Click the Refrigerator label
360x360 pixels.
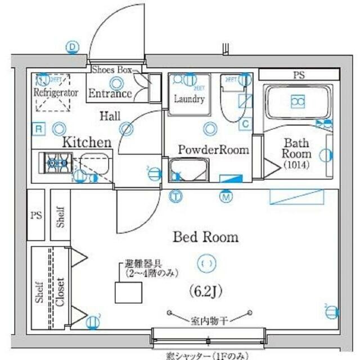coord(55,92)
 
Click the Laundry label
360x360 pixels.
coord(188,100)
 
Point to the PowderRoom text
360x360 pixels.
coord(213,150)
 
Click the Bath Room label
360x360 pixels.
coord(296,148)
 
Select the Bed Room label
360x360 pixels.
coord(205,237)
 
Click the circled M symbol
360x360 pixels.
coord(226,197)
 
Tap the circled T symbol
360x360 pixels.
coord(176,197)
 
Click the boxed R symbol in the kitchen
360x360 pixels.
coord(38,129)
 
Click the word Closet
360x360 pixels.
coord(60,292)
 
